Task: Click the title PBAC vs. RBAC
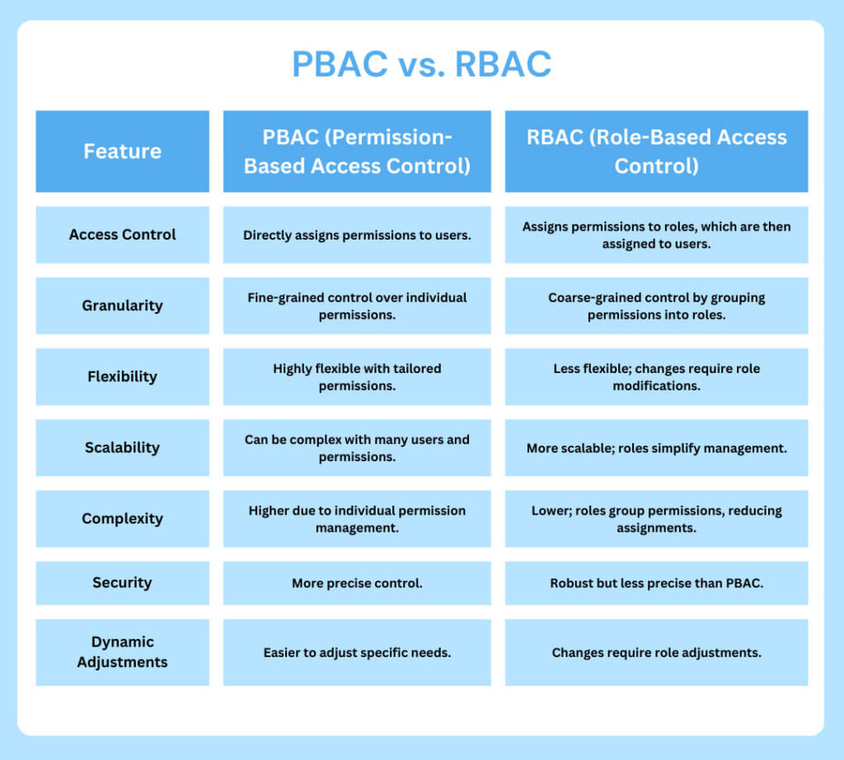click(421, 64)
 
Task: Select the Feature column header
click(122, 152)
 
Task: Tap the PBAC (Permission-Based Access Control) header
click(357, 152)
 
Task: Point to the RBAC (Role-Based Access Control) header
click(656, 152)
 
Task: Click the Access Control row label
click(122, 235)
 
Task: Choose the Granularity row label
click(122, 305)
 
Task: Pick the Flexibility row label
click(122, 376)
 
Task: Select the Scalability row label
click(122, 447)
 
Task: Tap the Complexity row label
click(122, 519)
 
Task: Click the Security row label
click(122, 582)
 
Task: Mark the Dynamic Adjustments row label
click(122, 652)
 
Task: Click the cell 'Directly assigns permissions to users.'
click(357, 235)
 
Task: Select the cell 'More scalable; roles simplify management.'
click(656, 448)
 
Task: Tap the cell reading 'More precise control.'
click(357, 583)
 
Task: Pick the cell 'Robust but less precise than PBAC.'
click(656, 583)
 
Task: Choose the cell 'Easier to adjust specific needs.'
click(357, 652)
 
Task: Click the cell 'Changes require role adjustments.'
click(656, 652)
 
